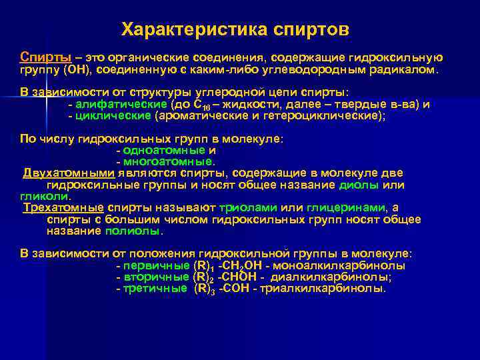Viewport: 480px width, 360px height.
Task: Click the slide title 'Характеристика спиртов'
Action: click(235, 29)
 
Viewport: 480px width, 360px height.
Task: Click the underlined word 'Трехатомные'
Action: click(63, 207)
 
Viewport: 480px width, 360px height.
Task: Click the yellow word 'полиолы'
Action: click(133, 231)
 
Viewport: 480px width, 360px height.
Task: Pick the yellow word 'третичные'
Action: click(155, 289)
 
